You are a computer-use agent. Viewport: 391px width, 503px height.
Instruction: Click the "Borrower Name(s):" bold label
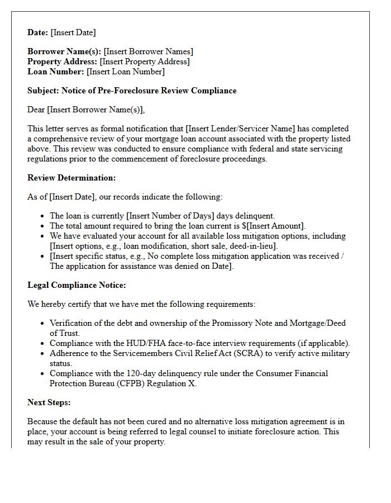[x=64, y=52]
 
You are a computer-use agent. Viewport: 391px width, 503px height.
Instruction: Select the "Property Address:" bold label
[x=63, y=62]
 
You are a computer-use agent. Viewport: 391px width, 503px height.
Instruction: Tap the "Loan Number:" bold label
[x=56, y=72]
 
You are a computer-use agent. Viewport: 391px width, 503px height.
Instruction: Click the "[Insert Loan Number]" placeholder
[x=126, y=72]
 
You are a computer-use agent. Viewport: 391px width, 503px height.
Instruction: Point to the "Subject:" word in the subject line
[x=43, y=91]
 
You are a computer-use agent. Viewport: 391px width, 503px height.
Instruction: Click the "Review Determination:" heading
[x=71, y=178]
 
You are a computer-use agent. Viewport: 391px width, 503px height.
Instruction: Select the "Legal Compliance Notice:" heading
[x=77, y=286]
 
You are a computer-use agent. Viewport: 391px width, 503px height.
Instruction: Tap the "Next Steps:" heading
[x=49, y=403]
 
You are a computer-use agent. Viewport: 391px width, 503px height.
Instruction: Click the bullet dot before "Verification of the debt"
[x=43, y=324]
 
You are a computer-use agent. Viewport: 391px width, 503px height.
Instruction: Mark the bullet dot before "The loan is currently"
[x=43, y=216]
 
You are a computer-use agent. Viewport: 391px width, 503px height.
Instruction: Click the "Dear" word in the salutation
[x=36, y=110]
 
